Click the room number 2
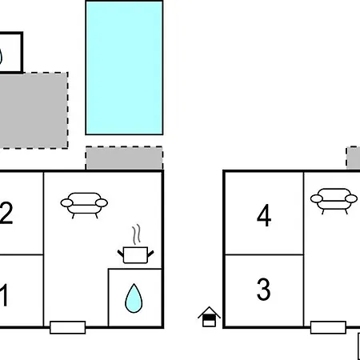[6, 213]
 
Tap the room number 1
[4, 295]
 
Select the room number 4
[264, 215]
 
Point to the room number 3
[263, 289]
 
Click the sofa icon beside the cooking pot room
[84, 205]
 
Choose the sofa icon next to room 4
[334, 201]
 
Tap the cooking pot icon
[135, 255]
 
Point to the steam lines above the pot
[136, 234]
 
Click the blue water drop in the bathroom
[134, 298]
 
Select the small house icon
[209, 317]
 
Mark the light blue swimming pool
[124, 68]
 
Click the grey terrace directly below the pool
[124, 158]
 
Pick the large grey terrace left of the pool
[33, 110]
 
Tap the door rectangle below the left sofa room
[68, 327]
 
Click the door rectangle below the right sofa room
[328, 327]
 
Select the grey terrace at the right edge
[354, 158]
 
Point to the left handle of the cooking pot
[121, 253]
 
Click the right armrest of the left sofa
[102, 203]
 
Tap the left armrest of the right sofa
[317, 198]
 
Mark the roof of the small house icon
[209, 312]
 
